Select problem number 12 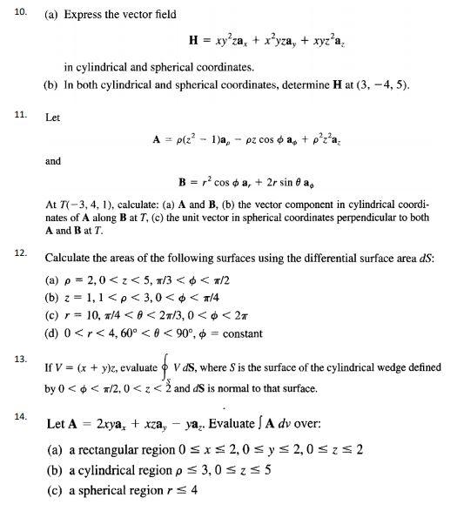(18, 251)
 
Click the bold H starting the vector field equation (194, 40)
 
